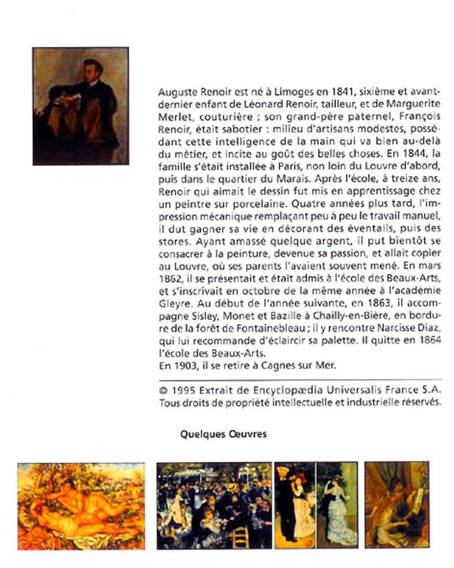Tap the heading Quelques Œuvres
coord(223,434)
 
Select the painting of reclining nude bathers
coord(81,505)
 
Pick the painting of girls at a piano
coord(396,505)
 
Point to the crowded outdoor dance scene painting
coord(214,505)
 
